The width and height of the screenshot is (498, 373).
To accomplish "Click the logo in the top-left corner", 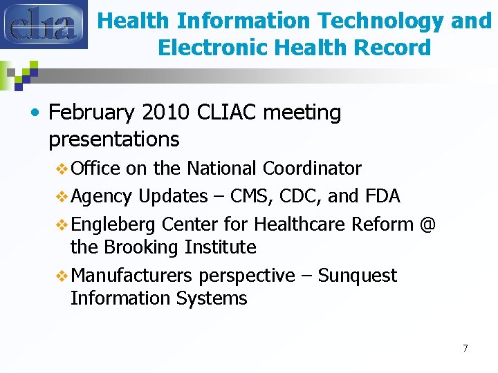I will coord(44,24).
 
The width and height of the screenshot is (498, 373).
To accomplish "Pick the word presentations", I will coord(114,139).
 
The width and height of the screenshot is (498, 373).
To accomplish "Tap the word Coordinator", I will coord(313,169).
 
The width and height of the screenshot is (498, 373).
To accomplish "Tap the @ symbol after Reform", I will coord(427,224).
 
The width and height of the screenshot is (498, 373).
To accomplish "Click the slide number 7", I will coord(465,348).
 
